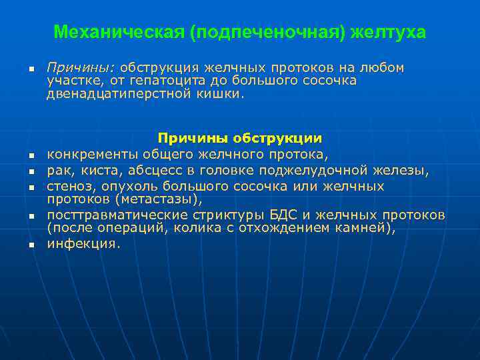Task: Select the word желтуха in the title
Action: coord(392,32)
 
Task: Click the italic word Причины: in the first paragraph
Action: coord(81,68)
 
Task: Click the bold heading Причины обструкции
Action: coord(239,138)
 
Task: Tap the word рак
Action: coord(57,170)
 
